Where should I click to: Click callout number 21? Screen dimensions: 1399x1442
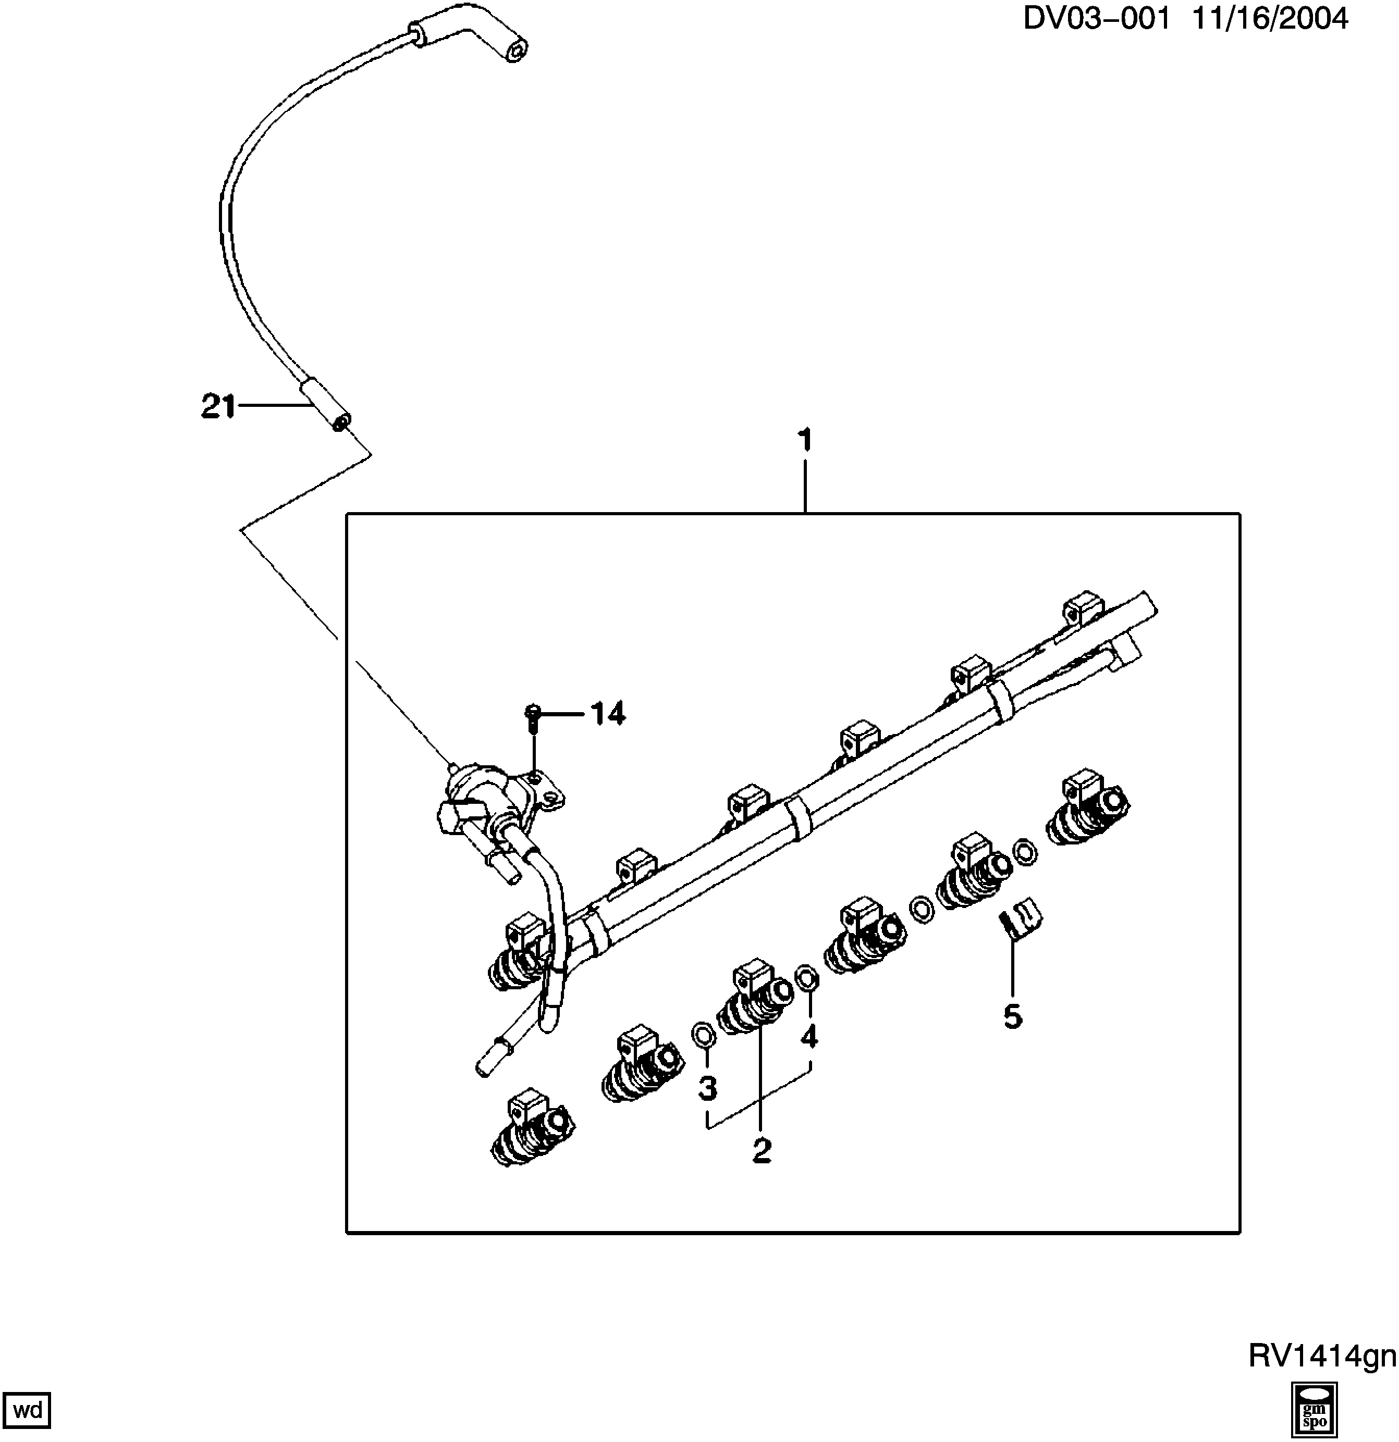[218, 406]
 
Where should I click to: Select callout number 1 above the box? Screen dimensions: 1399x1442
[805, 441]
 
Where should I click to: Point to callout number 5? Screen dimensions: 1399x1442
[1013, 1017]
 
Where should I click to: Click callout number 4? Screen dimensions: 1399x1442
[809, 1036]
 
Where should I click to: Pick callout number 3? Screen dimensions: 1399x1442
[707, 1087]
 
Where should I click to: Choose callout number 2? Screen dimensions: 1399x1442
[762, 1150]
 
